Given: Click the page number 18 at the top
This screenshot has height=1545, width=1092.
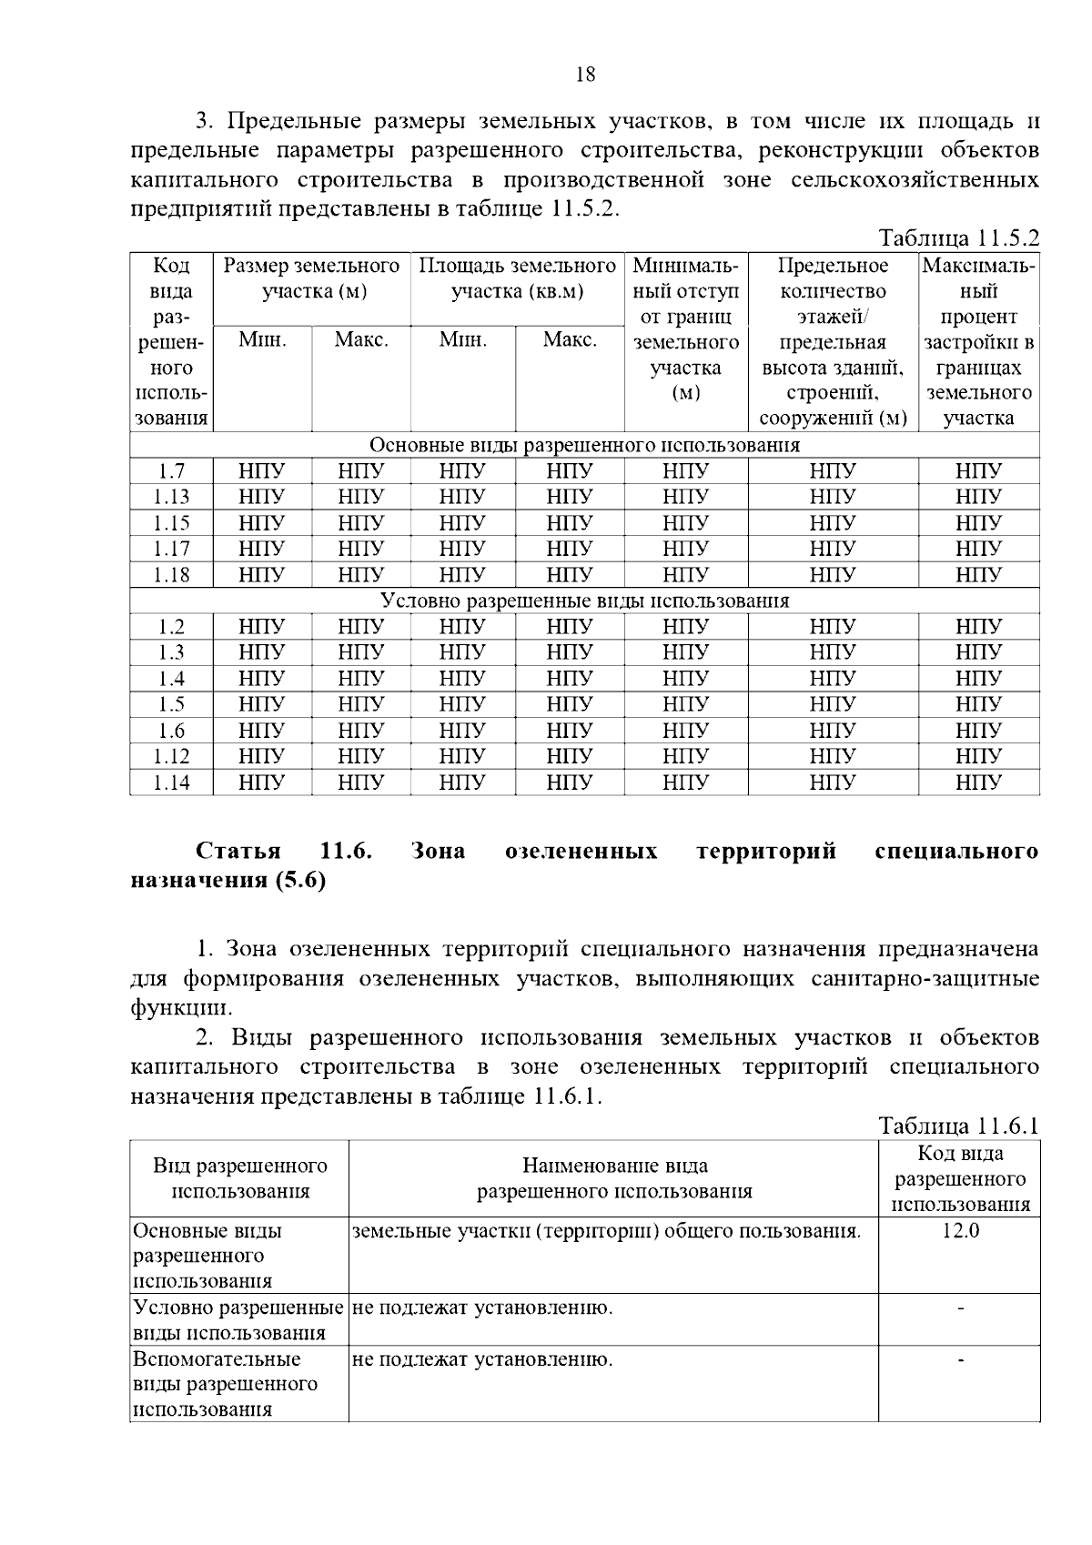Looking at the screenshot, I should click(x=585, y=75).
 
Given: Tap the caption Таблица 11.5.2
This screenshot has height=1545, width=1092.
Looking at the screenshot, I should click(x=958, y=238).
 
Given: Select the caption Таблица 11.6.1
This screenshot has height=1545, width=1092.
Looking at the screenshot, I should click(x=958, y=1126).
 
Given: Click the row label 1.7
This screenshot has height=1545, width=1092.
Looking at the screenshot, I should click(x=171, y=471).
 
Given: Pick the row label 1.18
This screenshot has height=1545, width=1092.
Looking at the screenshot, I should click(x=171, y=575).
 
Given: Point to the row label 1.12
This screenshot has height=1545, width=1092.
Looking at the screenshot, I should click(x=171, y=756).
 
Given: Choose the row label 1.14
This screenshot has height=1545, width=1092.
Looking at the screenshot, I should click(x=171, y=783).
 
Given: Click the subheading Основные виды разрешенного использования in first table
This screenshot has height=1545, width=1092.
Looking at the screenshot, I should click(x=584, y=445).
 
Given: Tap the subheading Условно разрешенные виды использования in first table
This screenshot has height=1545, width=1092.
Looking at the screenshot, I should click(x=584, y=601).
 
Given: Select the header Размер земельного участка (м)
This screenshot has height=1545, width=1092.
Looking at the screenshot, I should click(x=312, y=278).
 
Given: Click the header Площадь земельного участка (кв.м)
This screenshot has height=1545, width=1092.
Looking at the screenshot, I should click(x=517, y=278).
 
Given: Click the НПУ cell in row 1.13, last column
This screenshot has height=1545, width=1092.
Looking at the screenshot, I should click(x=978, y=497).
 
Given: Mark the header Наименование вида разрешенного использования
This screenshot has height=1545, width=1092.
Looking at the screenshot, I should click(x=614, y=1178).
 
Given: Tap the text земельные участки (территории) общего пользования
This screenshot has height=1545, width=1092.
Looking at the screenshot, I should click(x=606, y=1231).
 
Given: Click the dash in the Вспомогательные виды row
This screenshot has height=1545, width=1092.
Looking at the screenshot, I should click(x=960, y=1360).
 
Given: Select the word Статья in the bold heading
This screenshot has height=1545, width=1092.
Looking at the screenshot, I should click(x=238, y=851).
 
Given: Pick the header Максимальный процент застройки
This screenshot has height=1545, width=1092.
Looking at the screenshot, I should click(x=978, y=342).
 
